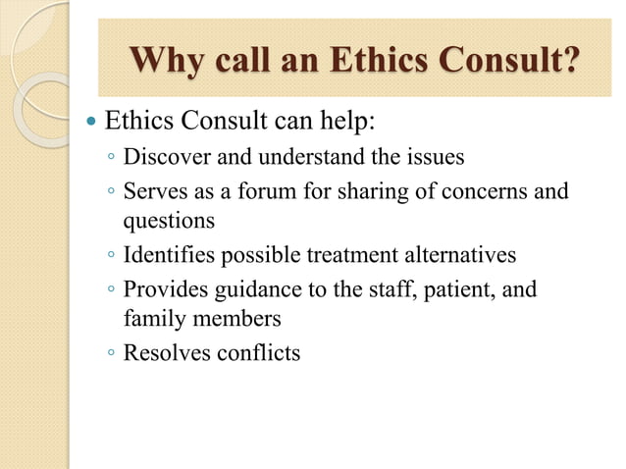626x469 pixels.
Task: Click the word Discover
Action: (163, 157)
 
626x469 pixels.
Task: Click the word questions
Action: (168, 222)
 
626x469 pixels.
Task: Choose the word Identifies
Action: (165, 255)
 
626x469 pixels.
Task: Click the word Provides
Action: (162, 287)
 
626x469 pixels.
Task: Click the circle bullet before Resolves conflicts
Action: (112, 352)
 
